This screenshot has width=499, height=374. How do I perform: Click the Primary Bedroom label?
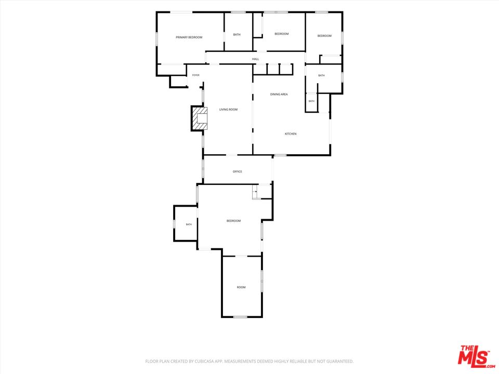point(189,37)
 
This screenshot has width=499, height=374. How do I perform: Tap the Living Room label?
point(229,110)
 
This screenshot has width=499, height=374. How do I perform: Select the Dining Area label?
point(279,94)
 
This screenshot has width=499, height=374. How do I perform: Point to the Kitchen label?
point(291,134)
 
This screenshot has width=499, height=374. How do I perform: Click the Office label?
point(238,171)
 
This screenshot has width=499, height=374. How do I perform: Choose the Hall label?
point(256,59)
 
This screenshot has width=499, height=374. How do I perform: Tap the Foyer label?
point(196,75)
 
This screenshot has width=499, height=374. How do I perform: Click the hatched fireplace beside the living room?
point(199,118)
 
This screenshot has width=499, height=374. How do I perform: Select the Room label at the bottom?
point(241,287)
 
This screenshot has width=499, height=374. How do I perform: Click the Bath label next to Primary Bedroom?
point(237,34)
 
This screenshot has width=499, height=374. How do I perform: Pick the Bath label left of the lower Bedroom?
point(189,224)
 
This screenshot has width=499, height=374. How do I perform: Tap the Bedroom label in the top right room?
point(324,36)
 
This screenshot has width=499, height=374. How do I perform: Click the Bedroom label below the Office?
point(233,221)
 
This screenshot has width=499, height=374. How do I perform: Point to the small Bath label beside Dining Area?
point(311,101)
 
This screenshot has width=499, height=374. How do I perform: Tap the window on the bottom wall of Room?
point(240,317)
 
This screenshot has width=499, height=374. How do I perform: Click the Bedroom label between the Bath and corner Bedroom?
point(282,34)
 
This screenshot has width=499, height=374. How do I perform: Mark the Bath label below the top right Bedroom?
point(321,75)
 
